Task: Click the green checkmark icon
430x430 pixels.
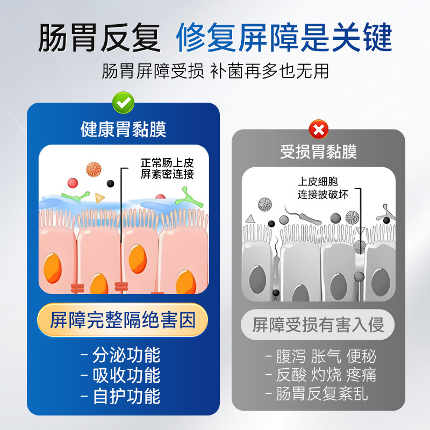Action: pos(124,102)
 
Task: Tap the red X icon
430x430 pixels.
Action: pos(318,129)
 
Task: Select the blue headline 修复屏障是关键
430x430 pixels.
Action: pos(284,38)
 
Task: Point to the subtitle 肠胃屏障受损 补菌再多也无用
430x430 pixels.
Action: pos(215,71)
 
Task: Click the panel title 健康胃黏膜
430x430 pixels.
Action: pos(123,130)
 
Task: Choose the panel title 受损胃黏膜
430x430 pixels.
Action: pos(318,152)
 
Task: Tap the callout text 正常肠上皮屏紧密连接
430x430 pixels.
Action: pos(167,168)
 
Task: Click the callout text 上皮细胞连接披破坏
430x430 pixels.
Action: pos(323,188)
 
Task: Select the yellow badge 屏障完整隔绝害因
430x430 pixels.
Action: pos(123,321)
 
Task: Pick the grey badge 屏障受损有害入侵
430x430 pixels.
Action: pos(318,325)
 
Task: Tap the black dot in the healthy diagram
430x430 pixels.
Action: pos(111,183)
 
